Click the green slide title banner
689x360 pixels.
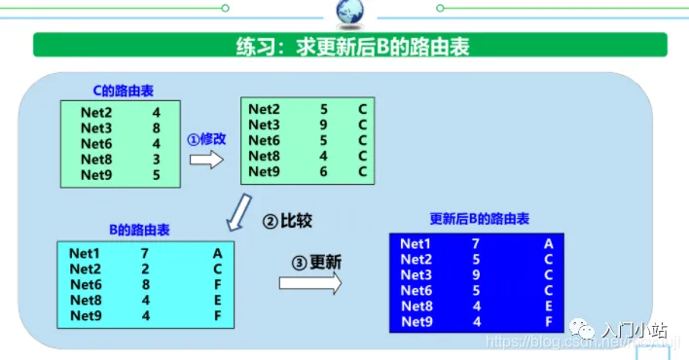point(350,45)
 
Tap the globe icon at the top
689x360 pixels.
point(348,12)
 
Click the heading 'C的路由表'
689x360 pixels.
point(123,91)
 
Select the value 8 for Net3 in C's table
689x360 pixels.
point(157,127)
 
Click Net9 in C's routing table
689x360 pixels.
point(96,175)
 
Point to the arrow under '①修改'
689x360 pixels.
point(206,159)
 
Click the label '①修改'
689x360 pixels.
point(207,138)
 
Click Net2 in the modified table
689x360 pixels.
point(264,109)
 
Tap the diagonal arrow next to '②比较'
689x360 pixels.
point(236,211)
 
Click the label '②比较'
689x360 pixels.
point(287,221)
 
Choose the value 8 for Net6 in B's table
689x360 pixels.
point(144,284)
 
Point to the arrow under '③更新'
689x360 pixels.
point(310,282)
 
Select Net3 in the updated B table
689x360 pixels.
point(416,275)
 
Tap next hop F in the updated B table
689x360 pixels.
point(549,322)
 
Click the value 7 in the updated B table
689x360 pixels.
point(475,244)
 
